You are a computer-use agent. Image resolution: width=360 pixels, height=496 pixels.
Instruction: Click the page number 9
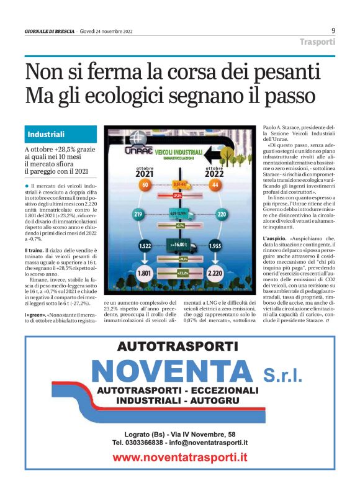coord(333,30)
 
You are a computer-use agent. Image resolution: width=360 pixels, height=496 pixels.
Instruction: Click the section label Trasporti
coord(317,42)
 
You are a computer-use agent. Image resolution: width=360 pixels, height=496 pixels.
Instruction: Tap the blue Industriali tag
coord(47,134)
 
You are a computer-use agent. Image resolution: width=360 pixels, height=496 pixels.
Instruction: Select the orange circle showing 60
coord(145,186)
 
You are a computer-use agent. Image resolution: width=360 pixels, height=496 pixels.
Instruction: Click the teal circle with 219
coord(138,215)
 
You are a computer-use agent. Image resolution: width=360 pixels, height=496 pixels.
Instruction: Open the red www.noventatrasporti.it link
coord(180,458)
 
